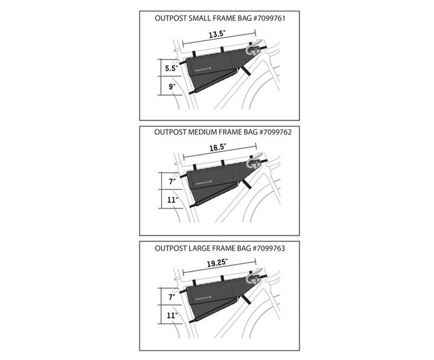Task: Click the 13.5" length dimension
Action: [x=216, y=35]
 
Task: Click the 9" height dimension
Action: [x=171, y=87]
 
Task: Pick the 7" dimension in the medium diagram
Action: [x=171, y=181]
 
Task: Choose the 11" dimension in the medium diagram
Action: [x=171, y=200]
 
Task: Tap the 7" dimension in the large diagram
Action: [x=171, y=297]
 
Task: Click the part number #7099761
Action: [x=268, y=19]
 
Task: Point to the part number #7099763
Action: [x=268, y=248]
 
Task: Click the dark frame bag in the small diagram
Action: [x=214, y=65]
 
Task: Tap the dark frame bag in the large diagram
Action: [x=214, y=292]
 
